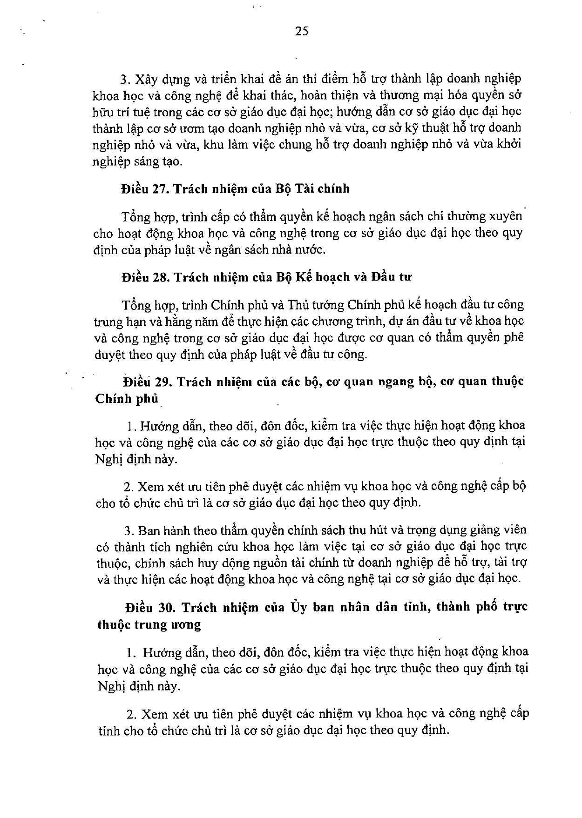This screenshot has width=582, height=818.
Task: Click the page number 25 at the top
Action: pyautogui.click(x=302, y=31)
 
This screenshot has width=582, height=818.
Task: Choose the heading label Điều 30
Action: pyautogui.click(x=145, y=607)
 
